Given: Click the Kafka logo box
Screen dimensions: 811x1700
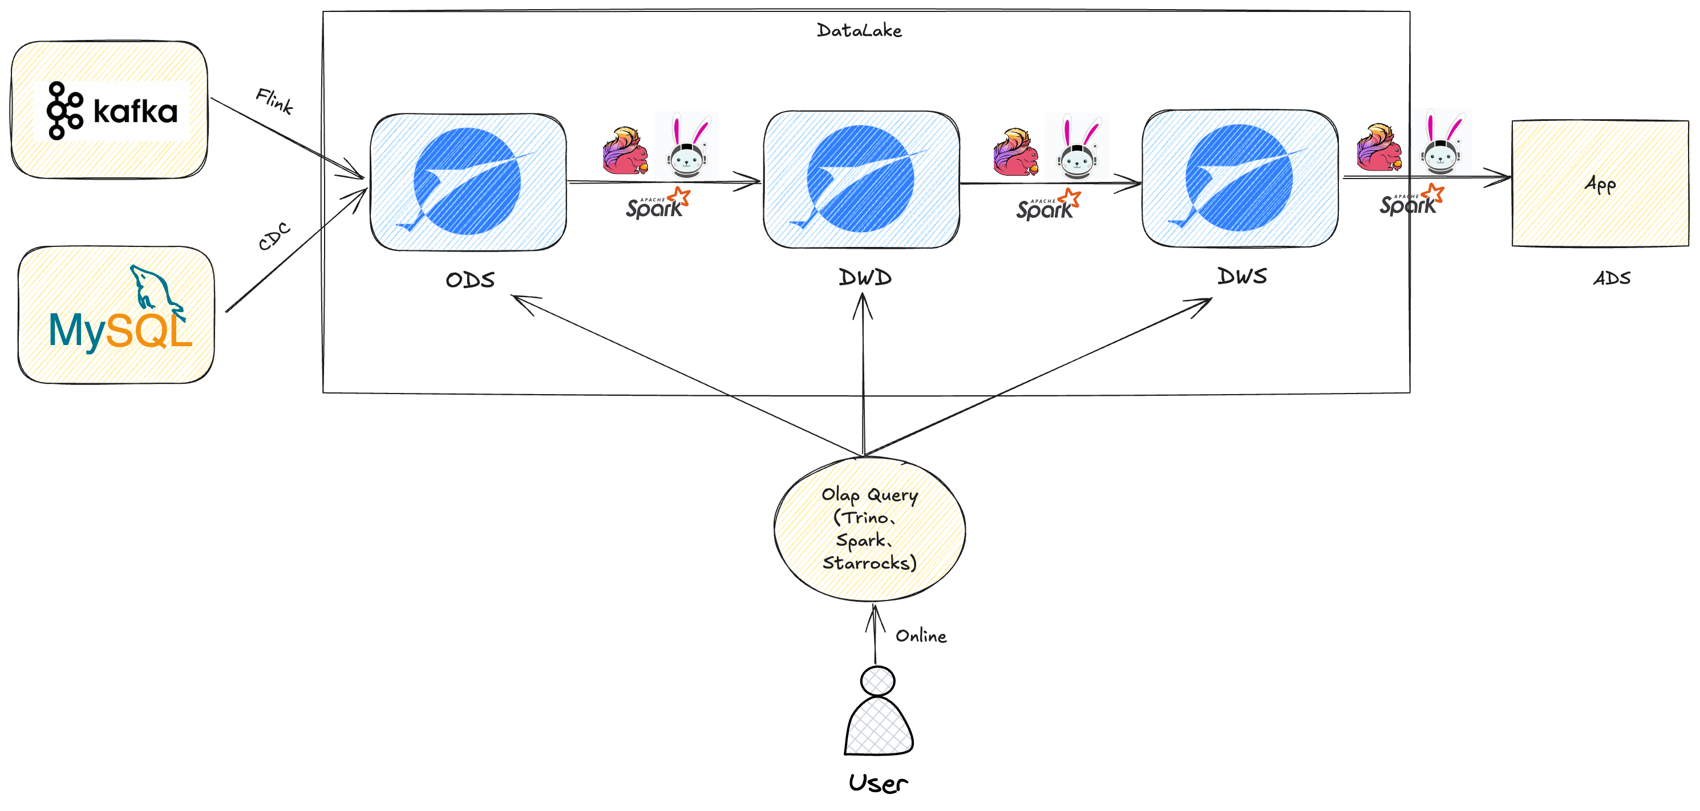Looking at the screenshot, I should (110, 110).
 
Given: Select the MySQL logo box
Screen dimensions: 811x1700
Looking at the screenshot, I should (116, 315).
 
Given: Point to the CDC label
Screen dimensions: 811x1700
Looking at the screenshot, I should (274, 236).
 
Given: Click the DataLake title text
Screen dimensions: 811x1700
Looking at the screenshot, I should (859, 30).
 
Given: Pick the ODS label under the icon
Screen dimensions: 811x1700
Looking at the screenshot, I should (470, 280).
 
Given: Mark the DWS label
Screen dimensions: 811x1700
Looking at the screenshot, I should (1242, 276).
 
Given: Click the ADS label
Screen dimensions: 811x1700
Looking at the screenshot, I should (1611, 278).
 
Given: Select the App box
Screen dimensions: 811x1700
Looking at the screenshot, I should (1600, 184).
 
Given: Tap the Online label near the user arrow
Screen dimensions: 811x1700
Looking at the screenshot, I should (921, 636).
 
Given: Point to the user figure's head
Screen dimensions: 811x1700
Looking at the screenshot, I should (878, 681).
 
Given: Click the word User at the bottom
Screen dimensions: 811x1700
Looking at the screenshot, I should (878, 783).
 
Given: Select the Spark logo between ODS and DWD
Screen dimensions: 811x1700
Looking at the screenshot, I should (657, 204).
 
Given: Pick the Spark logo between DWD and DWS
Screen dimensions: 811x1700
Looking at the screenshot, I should (1047, 205).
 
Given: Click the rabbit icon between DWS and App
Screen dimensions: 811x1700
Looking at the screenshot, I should (1442, 144).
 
